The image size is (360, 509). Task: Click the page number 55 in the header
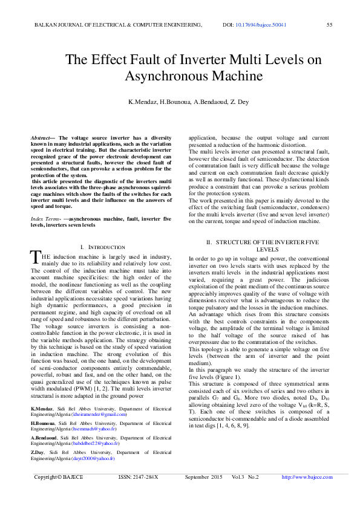click(x=330, y=25)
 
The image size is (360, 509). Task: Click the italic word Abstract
click(x=40, y=138)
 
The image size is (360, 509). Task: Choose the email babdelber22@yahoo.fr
click(x=96, y=460)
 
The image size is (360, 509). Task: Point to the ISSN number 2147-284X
click(x=147, y=494)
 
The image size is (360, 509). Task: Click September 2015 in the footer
click(x=203, y=494)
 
